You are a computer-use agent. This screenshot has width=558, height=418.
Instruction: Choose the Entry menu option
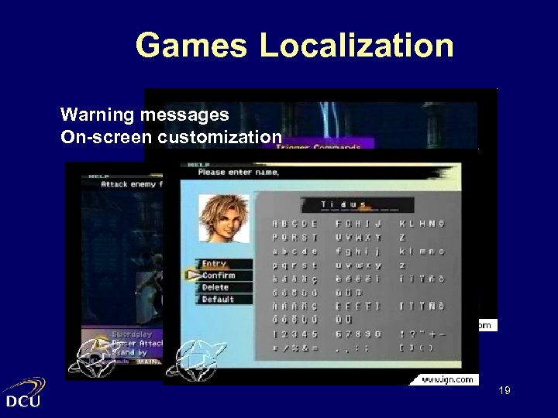tap(215, 264)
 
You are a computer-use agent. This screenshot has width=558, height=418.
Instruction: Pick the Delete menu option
tap(216, 287)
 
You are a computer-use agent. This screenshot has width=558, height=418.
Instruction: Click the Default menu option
tap(218, 299)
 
